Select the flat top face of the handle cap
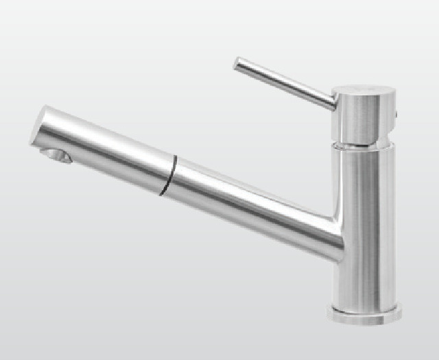click(364, 91)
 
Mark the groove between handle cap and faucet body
click(364, 144)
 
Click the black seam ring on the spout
click(168, 176)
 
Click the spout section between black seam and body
click(247, 202)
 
